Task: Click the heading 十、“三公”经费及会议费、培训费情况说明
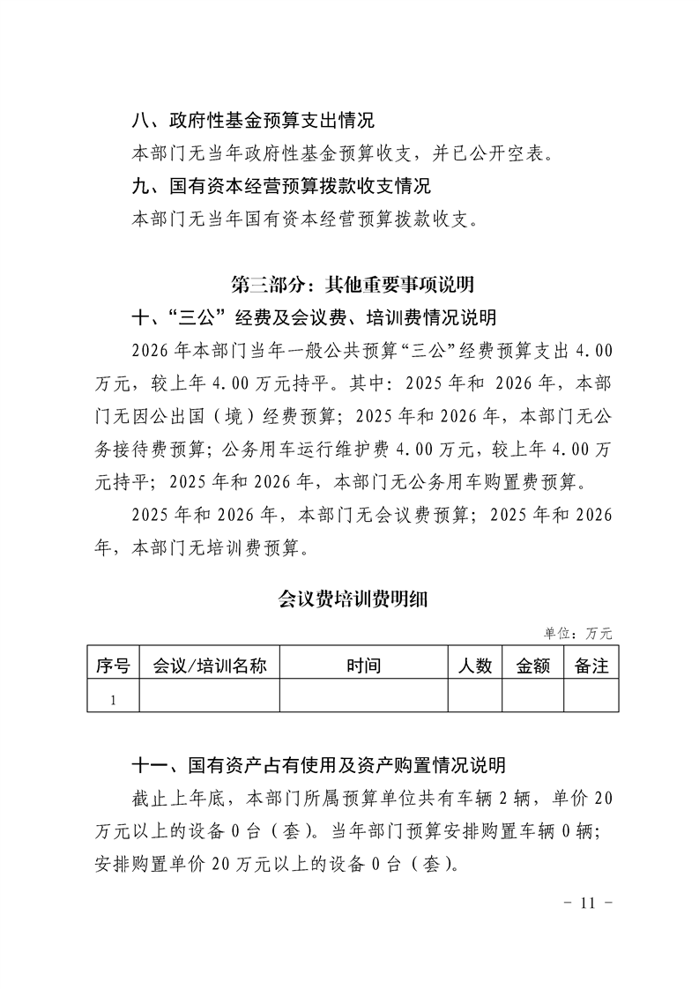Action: click(x=313, y=316)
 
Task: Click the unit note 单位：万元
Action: click(x=577, y=633)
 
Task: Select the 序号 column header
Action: click(x=113, y=666)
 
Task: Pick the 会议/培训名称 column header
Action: click(x=210, y=666)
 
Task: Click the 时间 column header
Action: click(x=363, y=666)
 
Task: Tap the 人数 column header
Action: click(x=475, y=666)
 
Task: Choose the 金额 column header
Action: click(x=532, y=666)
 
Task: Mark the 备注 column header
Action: click(x=591, y=666)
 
